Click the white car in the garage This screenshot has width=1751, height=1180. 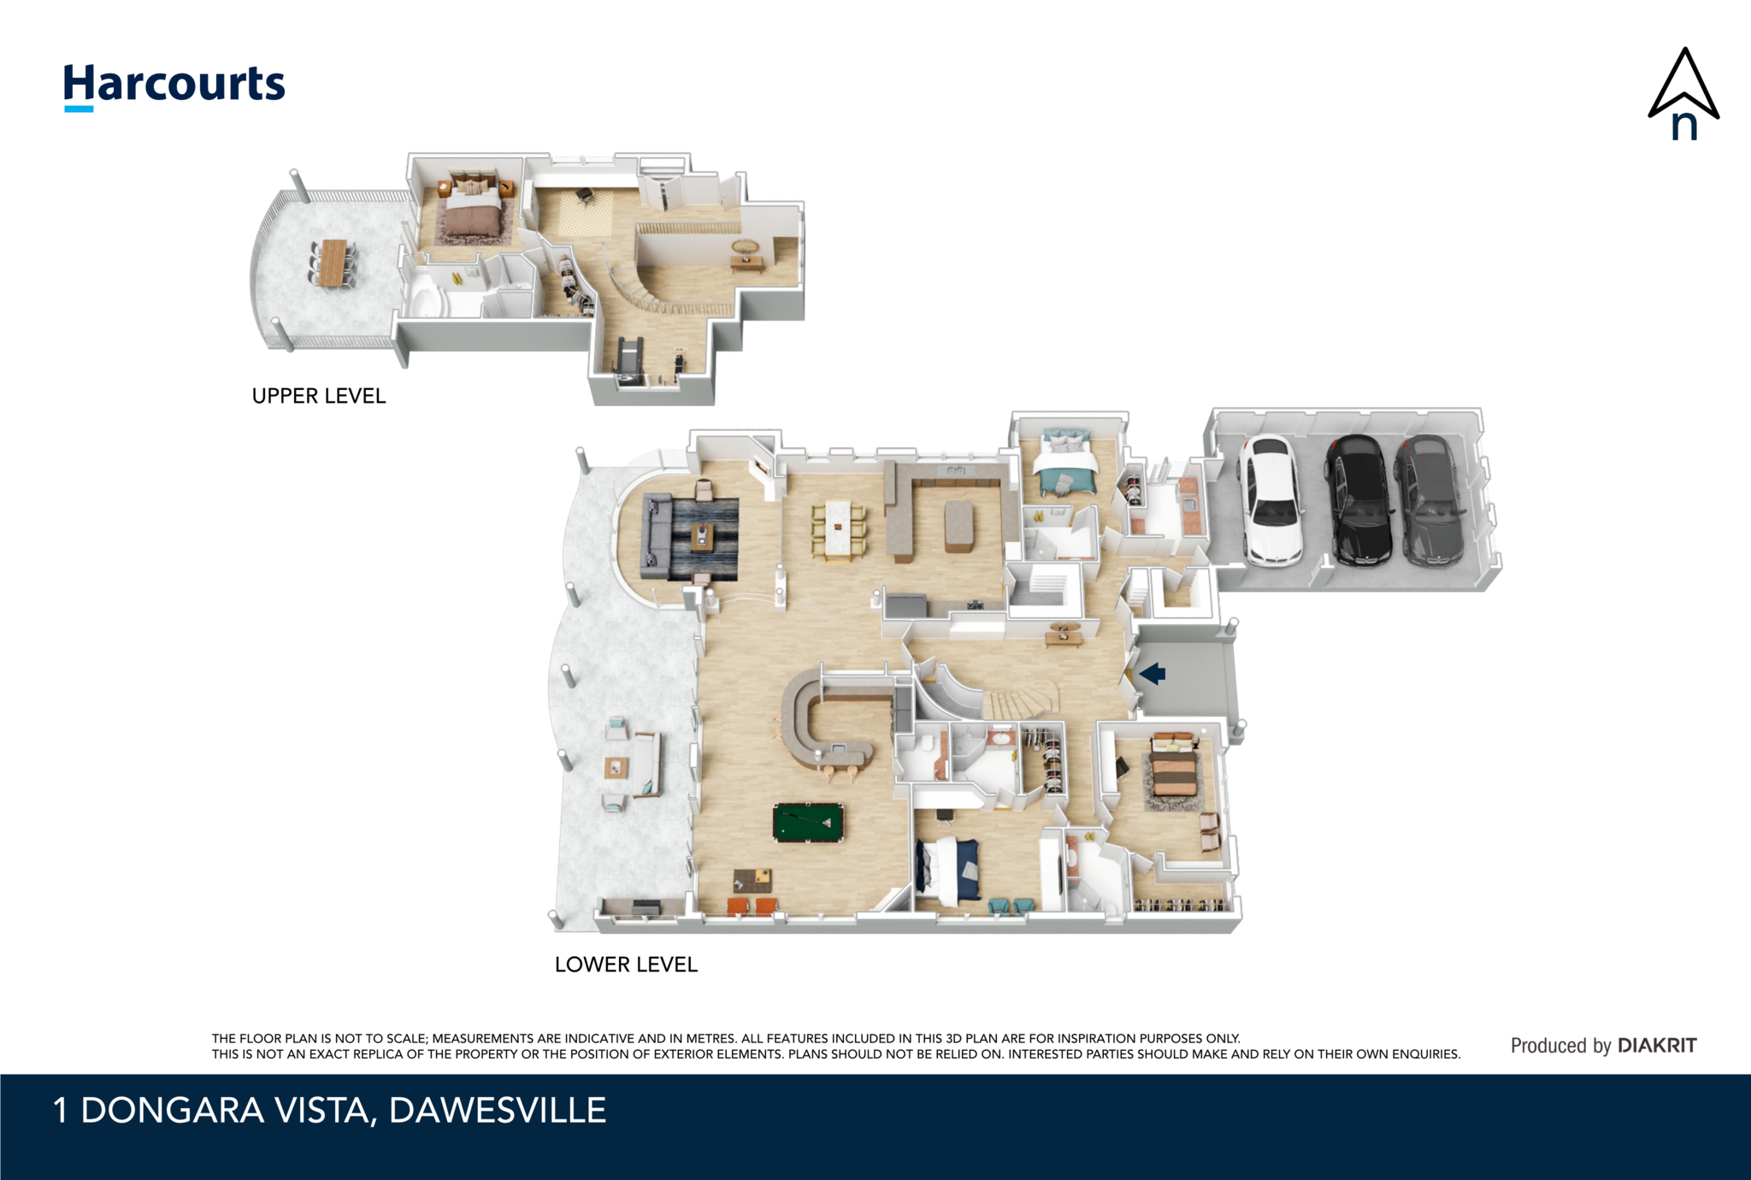pyautogui.click(x=1271, y=501)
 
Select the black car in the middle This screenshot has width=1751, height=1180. pyautogui.click(x=1359, y=501)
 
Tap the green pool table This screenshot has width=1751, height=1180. pyautogui.click(x=808, y=823)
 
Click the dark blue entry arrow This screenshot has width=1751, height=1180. pyautogui.click(x=1153, y=674)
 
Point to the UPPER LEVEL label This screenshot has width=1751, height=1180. pyautogui.click(x=319, y=396)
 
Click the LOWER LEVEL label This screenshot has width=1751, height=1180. pyautogui.click(x=626, y=965)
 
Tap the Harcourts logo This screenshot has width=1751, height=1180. pyautogui.click(x=174, y=86)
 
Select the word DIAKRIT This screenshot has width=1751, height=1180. pyautogui.click(x=1657, y=1046)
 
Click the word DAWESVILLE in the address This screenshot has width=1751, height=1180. pyautogui.click(x=498, y=1111)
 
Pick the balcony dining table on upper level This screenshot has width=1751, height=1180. pyautogui.click(x=333, y=263)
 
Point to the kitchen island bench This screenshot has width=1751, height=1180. pyautogui.click(x=959, y=526)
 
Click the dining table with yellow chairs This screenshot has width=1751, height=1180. pyautogui.click(x=838, y=530)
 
